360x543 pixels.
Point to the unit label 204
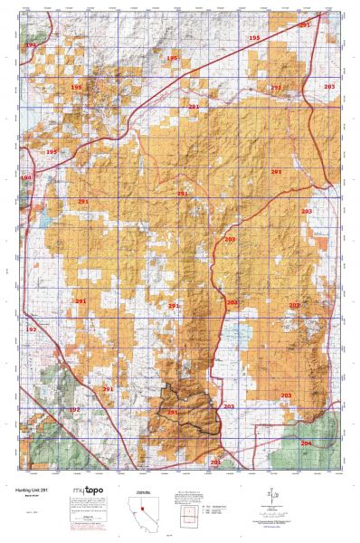305,443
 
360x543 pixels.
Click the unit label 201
215,462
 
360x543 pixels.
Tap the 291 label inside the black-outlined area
172,412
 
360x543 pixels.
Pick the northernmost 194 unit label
31,44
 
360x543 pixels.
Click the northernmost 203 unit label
329,86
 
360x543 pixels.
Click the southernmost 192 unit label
74,410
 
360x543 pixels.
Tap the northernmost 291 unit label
304,25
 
